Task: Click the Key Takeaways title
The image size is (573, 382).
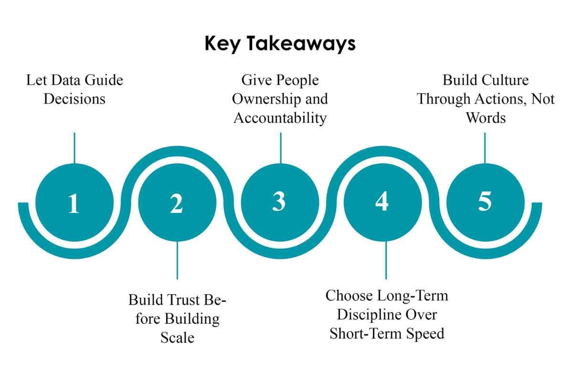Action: click(280, 44)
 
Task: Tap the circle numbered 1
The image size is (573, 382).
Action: click(74, 202)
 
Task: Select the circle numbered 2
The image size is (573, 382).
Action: click(177, 202)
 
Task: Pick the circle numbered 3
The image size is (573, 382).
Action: click(280, 202)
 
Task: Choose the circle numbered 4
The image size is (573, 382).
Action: click(383, 202)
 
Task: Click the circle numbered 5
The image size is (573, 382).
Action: click(486, 202)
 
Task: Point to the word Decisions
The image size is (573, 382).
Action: click(74, 99)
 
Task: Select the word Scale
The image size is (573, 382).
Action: click(177, 338)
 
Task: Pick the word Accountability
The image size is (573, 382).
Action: click(280, 118)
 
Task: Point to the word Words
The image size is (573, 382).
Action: click(486, 118)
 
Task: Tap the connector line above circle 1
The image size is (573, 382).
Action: click(74, 148)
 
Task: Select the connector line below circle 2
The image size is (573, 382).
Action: click(177, 260)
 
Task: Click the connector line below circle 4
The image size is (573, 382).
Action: click(386, 260)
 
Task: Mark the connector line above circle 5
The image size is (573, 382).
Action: click(485, 148)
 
